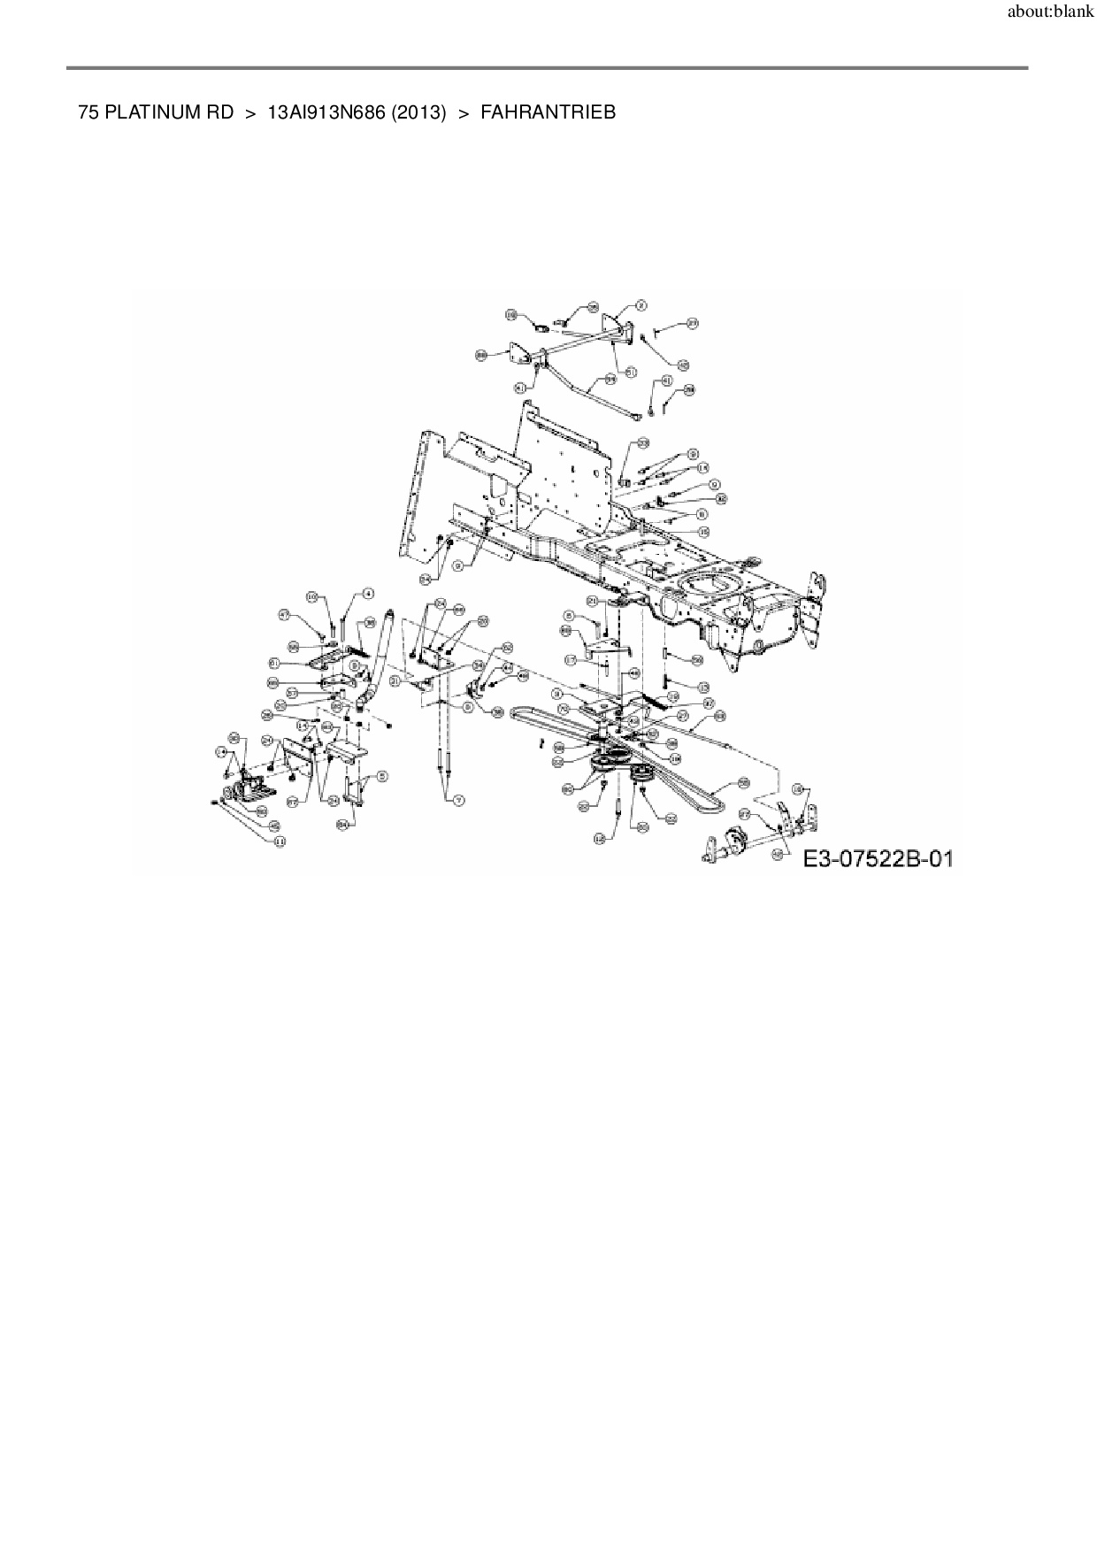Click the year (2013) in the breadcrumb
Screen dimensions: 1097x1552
[418, 112]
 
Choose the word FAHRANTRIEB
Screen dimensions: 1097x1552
[548, 112]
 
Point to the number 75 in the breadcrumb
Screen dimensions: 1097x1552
[88, 112]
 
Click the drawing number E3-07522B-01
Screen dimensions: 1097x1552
[878, 857]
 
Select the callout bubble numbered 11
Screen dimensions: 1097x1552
[280, 841]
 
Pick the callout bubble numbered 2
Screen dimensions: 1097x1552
[641, 305]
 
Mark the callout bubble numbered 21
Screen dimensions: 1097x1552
[592, 601]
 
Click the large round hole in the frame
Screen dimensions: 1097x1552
[710, 588]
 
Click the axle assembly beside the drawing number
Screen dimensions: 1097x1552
[733, 841]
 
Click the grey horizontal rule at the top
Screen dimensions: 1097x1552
[547, 67]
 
